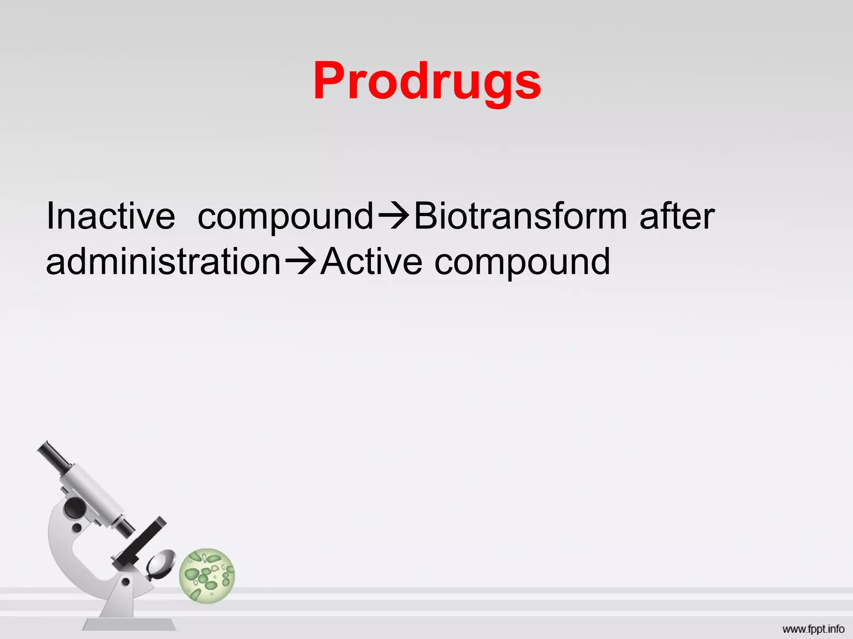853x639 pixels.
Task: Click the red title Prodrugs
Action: [x=427, y=81]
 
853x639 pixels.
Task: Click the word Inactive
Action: [x=110, y=216]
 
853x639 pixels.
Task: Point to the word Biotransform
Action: [x=521, y=216]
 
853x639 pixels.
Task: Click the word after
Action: [x=677, y=216]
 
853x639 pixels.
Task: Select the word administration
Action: [x=163, y=262]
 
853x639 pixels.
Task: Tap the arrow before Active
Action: [x=301, y=262]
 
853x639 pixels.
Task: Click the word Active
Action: [x=372, y=262]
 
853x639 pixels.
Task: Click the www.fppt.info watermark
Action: [x=813, y=629]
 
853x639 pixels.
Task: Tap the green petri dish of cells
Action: [x=207, y=576]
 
